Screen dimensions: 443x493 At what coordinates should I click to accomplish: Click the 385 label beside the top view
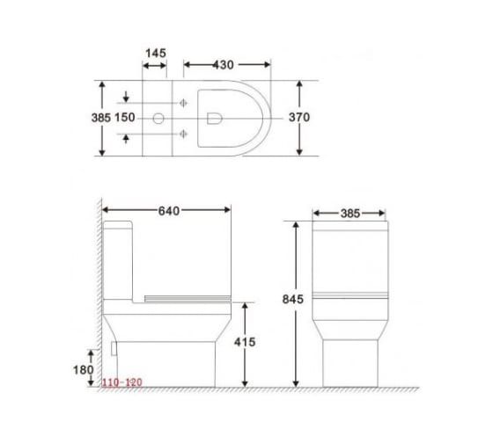[102, 117]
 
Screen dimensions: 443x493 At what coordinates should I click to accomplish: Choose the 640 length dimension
[167, 210]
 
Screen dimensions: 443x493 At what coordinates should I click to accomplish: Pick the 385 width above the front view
[349, 213]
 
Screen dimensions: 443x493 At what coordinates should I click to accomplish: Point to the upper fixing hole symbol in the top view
[184, 102]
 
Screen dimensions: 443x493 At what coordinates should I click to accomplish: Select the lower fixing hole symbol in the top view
[184, 134]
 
